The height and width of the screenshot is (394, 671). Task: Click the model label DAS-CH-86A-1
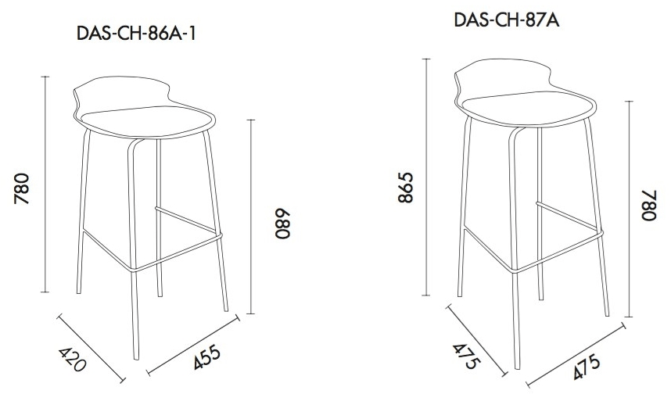tap(136, 33)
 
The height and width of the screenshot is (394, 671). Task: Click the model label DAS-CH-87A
tap(507, 20)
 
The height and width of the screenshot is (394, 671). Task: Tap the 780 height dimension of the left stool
tap(21, 188)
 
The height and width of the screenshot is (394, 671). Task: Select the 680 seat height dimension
tap(283, 224)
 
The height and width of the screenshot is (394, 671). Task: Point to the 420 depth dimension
tap(72, 359)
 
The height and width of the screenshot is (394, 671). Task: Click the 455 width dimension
tap(206, 356)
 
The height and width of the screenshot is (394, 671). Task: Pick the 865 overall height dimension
tap(405, 188)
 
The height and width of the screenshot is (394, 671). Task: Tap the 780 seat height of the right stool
tap(649, 205)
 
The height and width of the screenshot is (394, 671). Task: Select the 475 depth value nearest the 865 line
tap(467, 356)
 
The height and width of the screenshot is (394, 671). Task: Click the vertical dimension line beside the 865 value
tap(426, 177)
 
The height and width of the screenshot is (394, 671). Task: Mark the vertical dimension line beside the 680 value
tap(251, 217)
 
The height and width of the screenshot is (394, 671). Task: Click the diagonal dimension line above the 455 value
tap(192, 346)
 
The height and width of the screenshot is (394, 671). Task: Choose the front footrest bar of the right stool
tap(558, 252)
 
